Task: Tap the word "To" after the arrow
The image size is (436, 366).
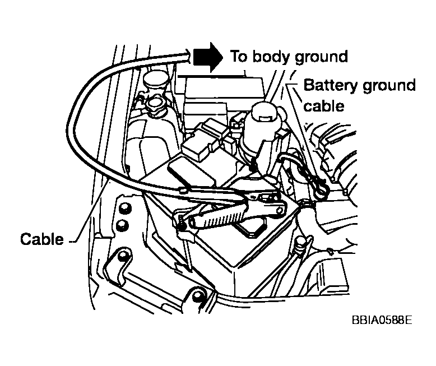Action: pyautogui.click(x=240, y=56)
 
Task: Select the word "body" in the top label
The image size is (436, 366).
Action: pyautogui.click(x=276, y=57)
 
